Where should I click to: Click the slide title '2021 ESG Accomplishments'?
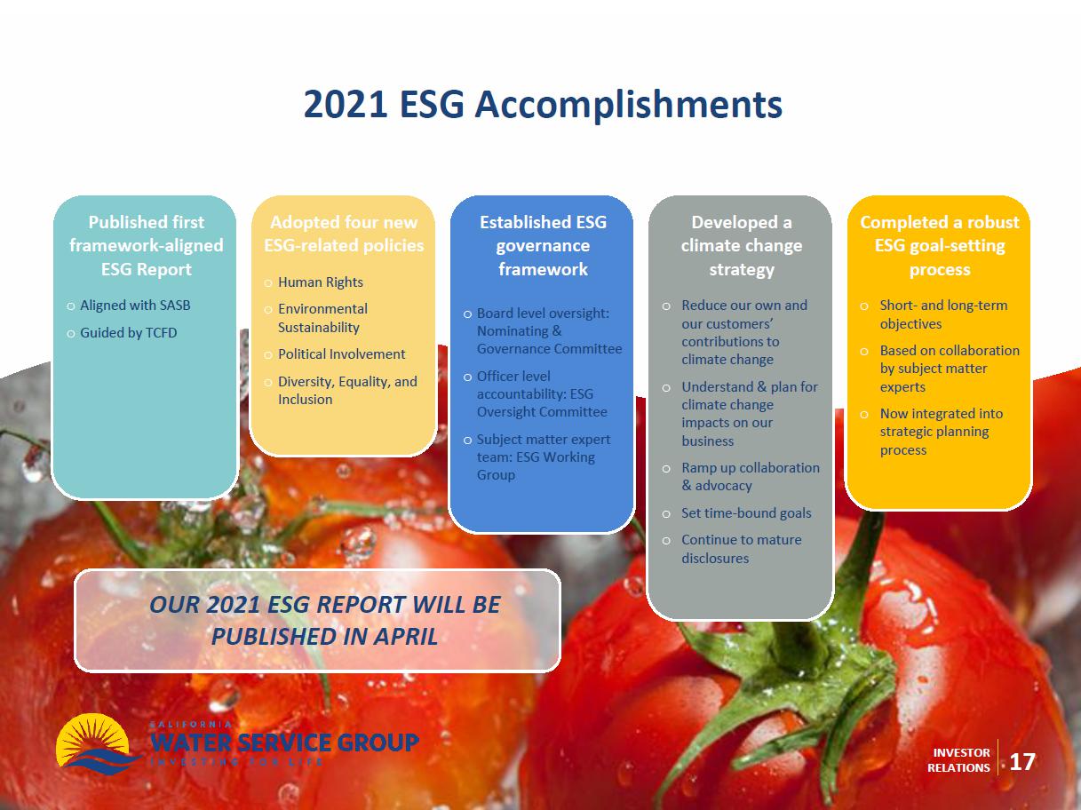pyautogui.click(x=543, y=105)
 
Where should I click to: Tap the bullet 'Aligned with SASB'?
pyautogui.click(x=135, y=306)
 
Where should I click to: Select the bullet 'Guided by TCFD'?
pyautogui.click(x=128, y=333)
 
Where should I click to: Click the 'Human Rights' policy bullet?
pyautogui.click(x=320, y=282)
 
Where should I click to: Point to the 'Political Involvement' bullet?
pyautogui.click(x=341, y=354)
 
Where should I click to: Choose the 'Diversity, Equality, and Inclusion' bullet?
pyautogui.click(x=347, y=391)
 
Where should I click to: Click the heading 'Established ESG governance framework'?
pyautogui.click(x=543, y=246)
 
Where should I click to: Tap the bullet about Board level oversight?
pyautogui.click(x=549, y=331)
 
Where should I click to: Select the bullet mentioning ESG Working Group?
pyautogui.click(x=544, y=457)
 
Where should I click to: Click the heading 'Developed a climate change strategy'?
pyautogui.click(x=741, y=246)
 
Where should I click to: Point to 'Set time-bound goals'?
pyautogui.click(x=746, y=513)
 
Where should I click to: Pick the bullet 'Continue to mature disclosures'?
pyautogui.click(x=741, y=549)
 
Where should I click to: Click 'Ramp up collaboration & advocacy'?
pyautogui.click(x=751, y=477)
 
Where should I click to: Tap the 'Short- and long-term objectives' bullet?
pyautogui.click(x=943, y=314)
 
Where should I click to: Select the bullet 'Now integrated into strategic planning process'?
pyautogui.click(x=942, y=432)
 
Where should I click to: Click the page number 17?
pyautogui.click(x=1021, y=762)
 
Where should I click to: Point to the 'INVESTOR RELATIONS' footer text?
pyautogui.click(x=958, y=760)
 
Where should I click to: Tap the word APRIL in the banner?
pyautogui.click(x=405, y=636)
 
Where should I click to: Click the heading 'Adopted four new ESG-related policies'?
pyautogui.click(x=344, y=234)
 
